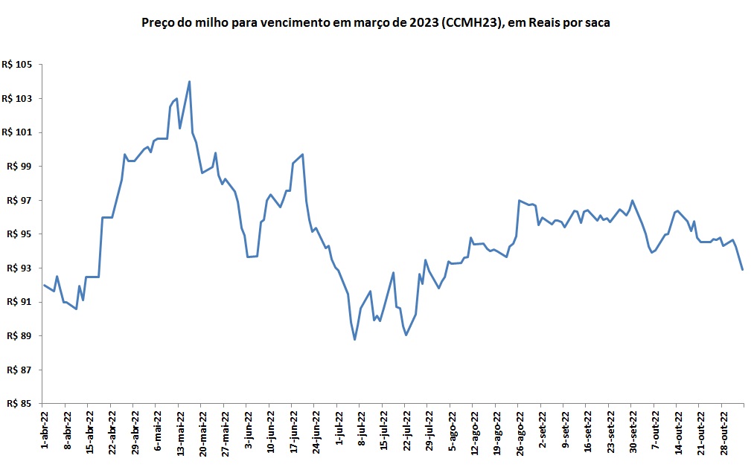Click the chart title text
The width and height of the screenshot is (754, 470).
[376, 23]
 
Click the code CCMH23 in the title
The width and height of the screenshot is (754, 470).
[470, 23]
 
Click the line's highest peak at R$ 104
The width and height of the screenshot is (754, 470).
[190, 82]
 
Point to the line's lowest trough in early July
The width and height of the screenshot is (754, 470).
[355, 340]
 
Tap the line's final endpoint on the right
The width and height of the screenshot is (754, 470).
[743, 269]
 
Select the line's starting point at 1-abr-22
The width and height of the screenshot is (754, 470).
[44, 285]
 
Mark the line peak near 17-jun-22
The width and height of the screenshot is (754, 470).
[302, 154]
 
